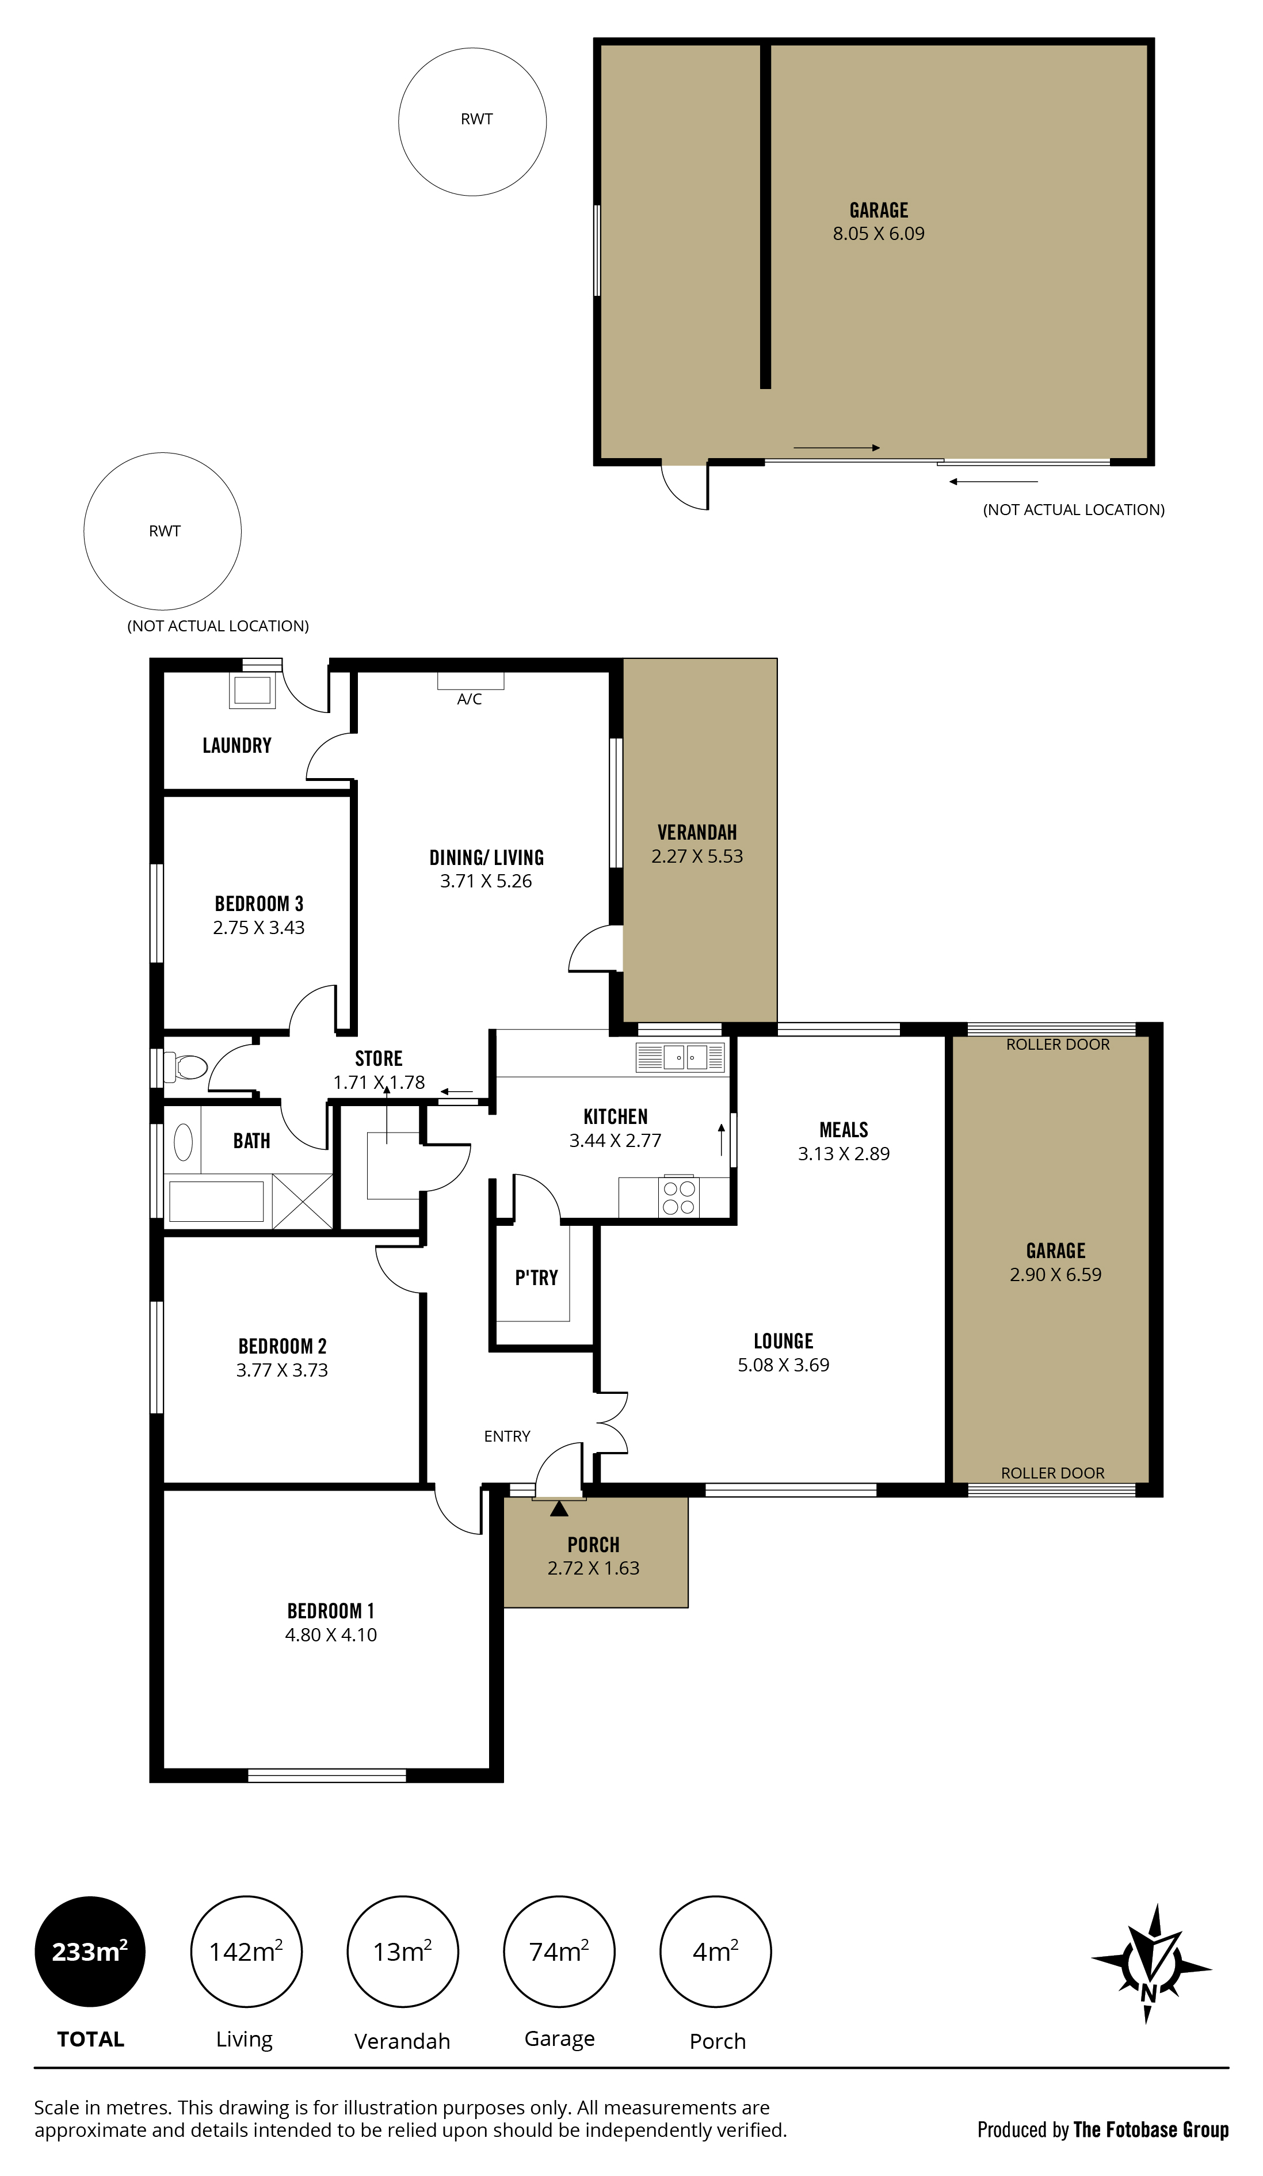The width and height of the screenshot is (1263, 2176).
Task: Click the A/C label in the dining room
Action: tap(469, 699)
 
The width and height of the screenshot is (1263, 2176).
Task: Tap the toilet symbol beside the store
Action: tap(186, 1067)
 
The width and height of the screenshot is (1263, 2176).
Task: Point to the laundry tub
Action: tap(252, 691)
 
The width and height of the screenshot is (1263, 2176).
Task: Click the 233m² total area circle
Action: tap(90, 1952)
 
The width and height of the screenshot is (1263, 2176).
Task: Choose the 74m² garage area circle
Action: tap(559, 1952)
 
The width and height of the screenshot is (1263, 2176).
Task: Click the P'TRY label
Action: tap(536, 1278)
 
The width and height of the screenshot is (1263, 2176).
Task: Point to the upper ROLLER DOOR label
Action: tap(1058, 1045)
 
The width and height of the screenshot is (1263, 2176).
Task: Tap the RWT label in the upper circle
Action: tap(476, 119)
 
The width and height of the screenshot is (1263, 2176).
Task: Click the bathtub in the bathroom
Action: tap(216, 1201)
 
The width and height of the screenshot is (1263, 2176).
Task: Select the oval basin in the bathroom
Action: tap(183, 1142)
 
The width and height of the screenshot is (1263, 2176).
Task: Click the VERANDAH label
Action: tap(697, 832)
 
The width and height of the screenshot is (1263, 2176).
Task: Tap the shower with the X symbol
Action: tap(302, 1201)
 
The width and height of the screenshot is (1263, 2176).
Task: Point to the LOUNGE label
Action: tap(783, 1341)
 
